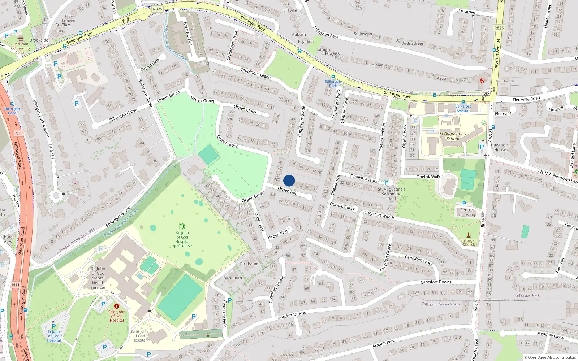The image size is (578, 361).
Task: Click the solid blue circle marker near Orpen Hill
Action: point(289,180)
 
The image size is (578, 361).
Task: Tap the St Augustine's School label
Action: point(453,136)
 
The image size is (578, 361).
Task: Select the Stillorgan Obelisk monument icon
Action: point(469,235)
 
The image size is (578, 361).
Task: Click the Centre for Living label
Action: point(466,212)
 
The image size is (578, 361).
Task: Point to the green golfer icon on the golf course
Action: point(182,226)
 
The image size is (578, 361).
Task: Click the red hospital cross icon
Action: point(117,306)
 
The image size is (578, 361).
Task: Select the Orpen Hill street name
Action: point(287,191)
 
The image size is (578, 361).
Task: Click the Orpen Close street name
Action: point(245,109)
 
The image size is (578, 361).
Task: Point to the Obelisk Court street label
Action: point(342,206)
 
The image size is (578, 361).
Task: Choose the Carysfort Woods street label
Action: point(379,215)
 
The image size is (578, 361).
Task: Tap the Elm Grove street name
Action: point(466,11)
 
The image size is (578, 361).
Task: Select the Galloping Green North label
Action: point(440,304)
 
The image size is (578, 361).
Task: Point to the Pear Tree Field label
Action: point(224,314)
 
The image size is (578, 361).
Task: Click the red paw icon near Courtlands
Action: point(482,81)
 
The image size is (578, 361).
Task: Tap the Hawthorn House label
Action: point(500,147)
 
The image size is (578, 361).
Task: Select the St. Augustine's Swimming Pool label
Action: point(392,194)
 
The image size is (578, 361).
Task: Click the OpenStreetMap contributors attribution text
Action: point(550,357)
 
